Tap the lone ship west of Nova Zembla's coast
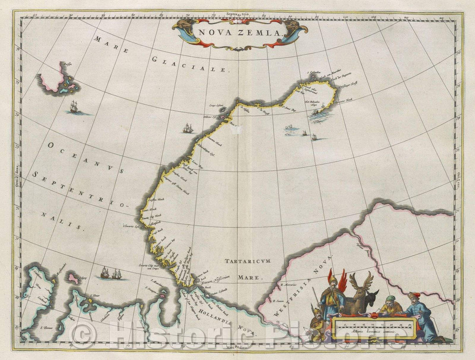pyautogui.click(x=188, y=128)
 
